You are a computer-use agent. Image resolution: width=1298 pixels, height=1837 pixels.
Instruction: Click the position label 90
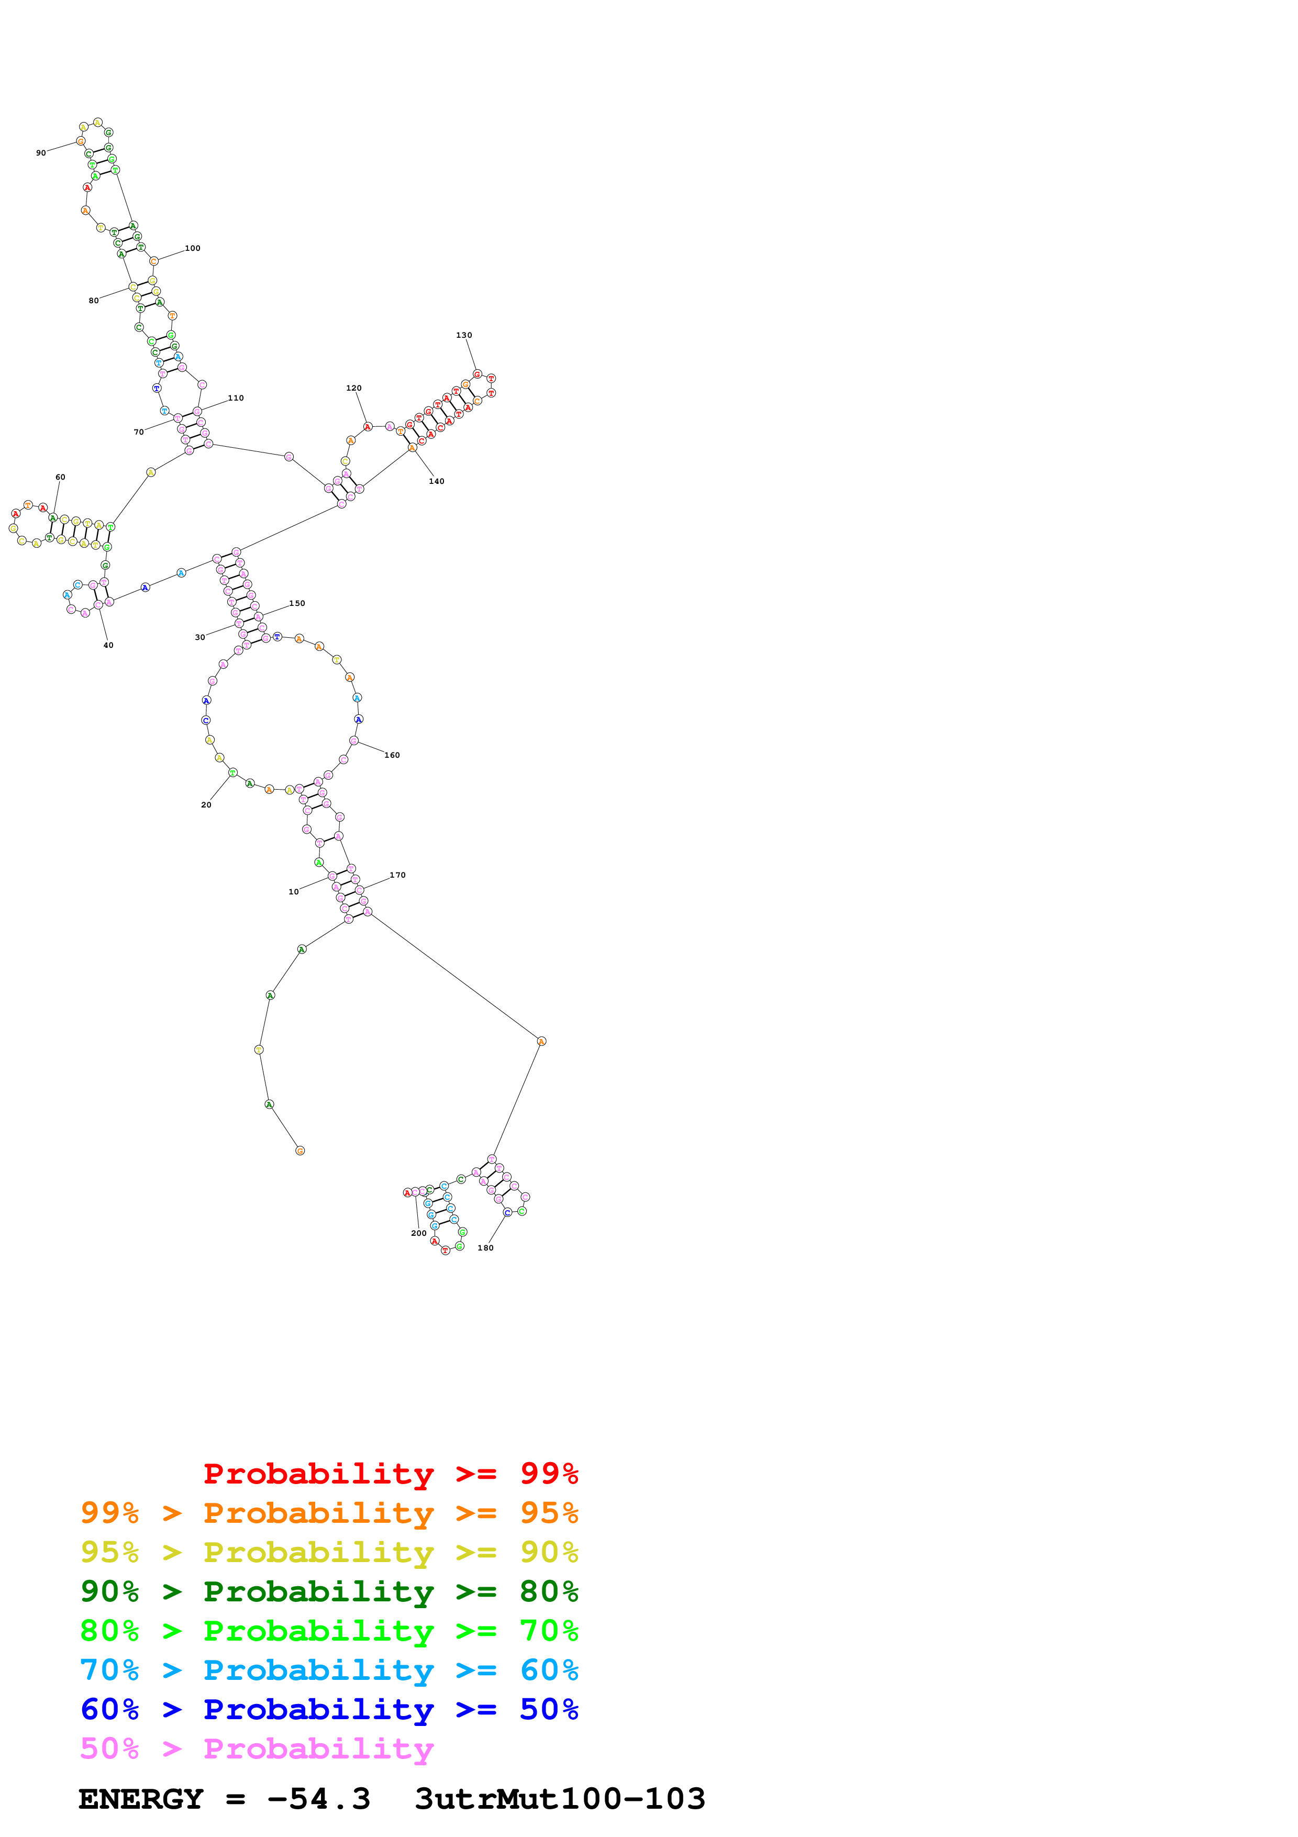(41, 153)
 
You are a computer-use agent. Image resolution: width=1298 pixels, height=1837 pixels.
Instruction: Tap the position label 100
(193, 248)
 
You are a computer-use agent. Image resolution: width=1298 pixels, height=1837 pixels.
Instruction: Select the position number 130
(464, 335)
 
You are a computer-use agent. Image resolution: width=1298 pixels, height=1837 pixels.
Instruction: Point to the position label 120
(353, 388)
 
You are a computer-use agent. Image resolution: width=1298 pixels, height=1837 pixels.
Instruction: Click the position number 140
(437, 481)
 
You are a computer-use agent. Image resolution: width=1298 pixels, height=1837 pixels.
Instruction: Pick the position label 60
(60, 477)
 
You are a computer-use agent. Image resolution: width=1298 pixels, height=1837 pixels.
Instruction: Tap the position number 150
(297, 603)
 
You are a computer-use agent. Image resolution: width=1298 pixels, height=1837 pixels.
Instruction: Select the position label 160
(392, 755)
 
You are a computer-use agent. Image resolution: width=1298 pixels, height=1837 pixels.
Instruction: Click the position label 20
(206, 805)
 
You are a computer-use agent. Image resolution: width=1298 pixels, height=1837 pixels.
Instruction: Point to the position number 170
(397, 875)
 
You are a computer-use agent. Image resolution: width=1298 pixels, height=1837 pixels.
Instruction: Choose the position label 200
(418, 1233)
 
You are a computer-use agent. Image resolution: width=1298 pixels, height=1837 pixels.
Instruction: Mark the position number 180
(485, 1248)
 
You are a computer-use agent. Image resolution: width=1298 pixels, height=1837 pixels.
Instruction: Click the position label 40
(108, 645)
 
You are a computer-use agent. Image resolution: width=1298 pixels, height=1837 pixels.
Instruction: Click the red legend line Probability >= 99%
(390, 1474)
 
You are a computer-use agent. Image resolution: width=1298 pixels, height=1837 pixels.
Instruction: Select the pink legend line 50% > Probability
(256, 1748)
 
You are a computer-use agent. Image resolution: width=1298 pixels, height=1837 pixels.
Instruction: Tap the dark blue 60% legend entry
(329, 1709)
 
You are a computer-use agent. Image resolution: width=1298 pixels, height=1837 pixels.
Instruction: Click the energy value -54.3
(318, 1799)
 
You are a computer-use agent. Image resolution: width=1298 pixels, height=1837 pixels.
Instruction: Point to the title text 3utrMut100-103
(560, 1799)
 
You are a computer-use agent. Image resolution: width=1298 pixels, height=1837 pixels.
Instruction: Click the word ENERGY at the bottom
(141, 1799)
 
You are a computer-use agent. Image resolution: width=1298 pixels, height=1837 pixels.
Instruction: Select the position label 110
(236, 397)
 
